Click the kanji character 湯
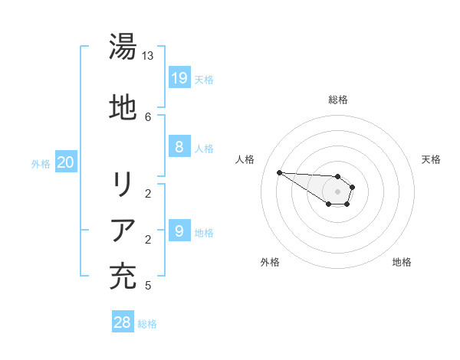[123, 47]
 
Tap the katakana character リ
[123, 185]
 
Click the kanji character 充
[123, 276]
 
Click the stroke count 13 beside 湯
[148, 56]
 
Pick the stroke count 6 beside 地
[148, 116]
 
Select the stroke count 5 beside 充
[148, 286]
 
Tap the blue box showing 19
[179, 77]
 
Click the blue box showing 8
[179, 146]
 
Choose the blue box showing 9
[179, 231]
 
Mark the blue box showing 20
[66, 162]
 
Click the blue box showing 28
[123, 322]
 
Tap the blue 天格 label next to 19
[204, 79]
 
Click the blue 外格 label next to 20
[41, 163]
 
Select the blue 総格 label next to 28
[147, 324]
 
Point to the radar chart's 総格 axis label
[338, 100]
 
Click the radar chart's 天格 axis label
[431, 159]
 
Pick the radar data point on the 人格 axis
[279, 172]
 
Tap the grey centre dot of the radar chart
[338, 191]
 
